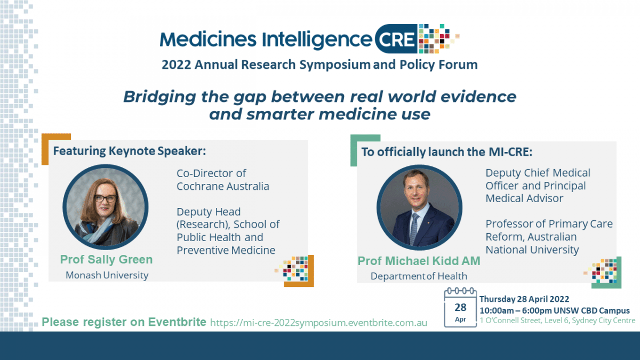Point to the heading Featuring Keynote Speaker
tap(129, 151)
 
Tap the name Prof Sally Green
tap(106, 260)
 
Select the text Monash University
tap(107, 275)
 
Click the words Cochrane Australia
tap(223, 187)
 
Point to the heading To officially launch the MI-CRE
tap(447, 151)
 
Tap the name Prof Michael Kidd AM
tap(419, 261)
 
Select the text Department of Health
tap(419, 276)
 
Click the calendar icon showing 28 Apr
tap(460, 308)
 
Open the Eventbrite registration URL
tap(319, 323)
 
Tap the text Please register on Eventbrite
tap(124, 322)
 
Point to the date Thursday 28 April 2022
tap(524, 299)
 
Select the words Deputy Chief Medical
tap(538, 173)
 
